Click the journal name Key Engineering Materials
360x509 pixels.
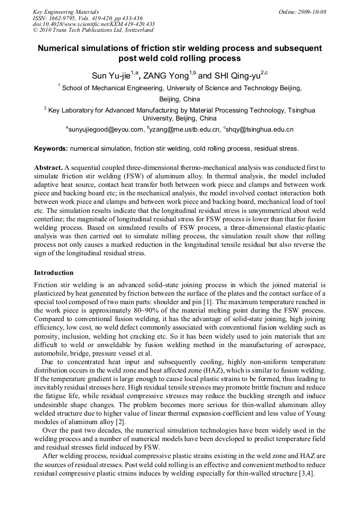65,11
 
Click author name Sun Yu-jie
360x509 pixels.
111,75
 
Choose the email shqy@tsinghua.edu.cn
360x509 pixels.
260,129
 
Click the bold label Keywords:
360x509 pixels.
51,149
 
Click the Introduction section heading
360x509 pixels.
54,273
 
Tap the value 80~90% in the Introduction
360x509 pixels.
147,310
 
